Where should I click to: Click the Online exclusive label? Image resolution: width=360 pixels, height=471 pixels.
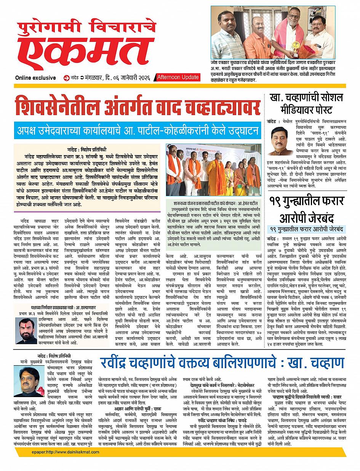coord(35,78)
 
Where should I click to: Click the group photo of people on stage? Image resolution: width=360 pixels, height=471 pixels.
coord(213,170)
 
